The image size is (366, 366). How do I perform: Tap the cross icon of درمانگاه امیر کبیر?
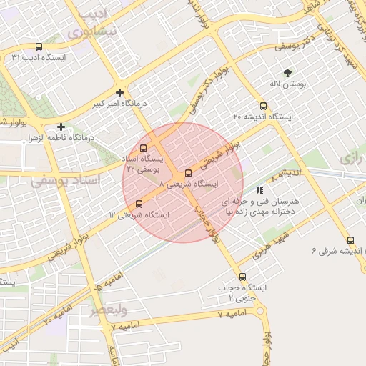pos(119,92)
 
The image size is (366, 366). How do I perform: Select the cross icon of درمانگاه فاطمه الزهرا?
pos(61,127)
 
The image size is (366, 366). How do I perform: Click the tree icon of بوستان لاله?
pos(287,73)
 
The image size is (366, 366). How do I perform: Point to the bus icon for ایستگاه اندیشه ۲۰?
pos(263,106)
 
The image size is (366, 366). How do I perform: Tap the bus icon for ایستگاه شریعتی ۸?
pos(188,173)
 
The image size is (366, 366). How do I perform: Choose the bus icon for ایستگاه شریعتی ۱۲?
pos(138,204)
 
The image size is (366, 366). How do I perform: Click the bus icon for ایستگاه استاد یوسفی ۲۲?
pos(143,148)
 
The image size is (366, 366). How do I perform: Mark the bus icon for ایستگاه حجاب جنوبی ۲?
pos(242,277)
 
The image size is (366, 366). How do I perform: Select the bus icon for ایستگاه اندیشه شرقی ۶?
pos(350,240)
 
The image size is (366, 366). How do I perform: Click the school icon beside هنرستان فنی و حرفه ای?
pos(259,191)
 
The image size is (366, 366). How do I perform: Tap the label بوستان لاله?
pos(287,84)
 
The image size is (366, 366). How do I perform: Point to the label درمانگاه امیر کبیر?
pos(119,104)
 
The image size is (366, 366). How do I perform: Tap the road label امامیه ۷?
pos(222,314)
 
